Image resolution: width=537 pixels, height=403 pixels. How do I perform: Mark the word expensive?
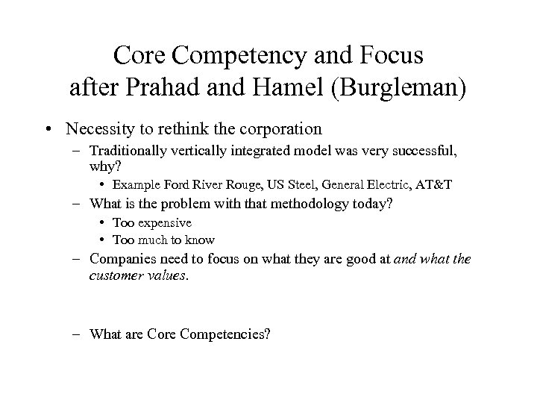click(x=163, y=222)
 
